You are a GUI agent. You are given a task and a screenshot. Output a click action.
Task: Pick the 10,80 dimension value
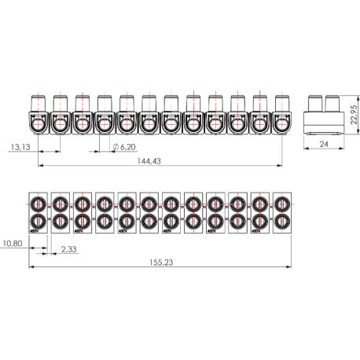(x=12, y=243)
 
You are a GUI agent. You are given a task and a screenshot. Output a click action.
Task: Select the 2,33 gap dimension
(x=69, y=250)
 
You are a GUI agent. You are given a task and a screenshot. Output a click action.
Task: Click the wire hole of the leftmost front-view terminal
(x=38, y=123)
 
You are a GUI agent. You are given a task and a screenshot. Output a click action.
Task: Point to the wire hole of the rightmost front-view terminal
(x=281, y=123)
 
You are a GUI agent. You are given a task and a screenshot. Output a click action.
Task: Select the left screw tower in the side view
(x=316, y=103)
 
